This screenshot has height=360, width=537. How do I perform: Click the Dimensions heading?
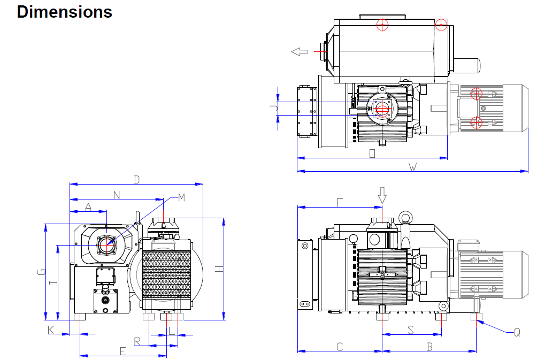pyautogui.click(x=64, y=12)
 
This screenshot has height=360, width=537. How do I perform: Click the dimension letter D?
pyautogui.click(x=137, y=180)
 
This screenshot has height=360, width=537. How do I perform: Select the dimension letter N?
pyautogui.click(x=117, y=195)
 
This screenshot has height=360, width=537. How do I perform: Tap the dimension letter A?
pyautogui.click(x=89, y=206)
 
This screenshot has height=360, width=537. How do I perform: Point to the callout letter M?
pyautogui.click(x=181, y=198)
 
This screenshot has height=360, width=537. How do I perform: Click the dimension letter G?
pyautogui.click(x=40, y=272)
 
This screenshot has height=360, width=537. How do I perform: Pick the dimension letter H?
pyautogui.click(x=219, y=269)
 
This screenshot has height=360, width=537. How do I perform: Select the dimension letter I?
pyautogui.click(x=52, y=282)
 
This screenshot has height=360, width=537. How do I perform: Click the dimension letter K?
pyautogui.click(x=51, y=330)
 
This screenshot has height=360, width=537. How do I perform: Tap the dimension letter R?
pyautogui.click(x=137, y=341)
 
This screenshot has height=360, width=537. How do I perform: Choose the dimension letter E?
pyautogui.click(x=122, y=351)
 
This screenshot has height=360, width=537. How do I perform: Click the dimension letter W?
pyautogui.click(x=412, y=167)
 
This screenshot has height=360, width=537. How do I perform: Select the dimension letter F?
pyautogui.click(x=339, y=202)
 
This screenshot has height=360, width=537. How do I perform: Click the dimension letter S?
pyautogui.click(x=411, y=330)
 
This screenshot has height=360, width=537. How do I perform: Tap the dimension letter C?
pyautogui.click(x=339, y=347)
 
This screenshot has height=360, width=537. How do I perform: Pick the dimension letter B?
pyautogui.click(x=429, y=347)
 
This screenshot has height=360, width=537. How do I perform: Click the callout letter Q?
pyautogui.click(x=517, y=332)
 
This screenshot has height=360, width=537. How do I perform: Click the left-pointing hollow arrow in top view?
pyautogui.click(x=300, y=51)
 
